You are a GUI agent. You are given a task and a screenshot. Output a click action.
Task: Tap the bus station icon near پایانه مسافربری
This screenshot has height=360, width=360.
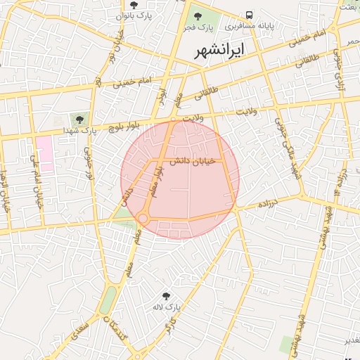(250, 15)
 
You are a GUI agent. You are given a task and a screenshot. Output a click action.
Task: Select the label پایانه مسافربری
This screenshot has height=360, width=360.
(249, 27)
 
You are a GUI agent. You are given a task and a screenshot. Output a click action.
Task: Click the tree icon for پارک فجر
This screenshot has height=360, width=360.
(197, 15)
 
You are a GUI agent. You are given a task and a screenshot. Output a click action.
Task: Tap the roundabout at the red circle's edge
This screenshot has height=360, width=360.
(143, 219)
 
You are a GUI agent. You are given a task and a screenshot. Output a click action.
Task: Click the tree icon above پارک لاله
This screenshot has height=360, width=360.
(166, 296)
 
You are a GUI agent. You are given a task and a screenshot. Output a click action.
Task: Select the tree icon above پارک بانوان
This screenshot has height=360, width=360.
(134, 5)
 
